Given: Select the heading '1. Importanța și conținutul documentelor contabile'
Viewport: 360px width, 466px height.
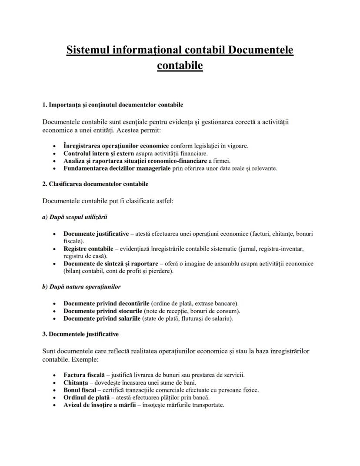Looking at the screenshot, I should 113,105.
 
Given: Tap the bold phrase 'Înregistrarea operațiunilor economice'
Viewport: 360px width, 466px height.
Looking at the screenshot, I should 116,146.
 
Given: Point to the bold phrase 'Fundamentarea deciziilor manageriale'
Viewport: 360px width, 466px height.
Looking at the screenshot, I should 117,168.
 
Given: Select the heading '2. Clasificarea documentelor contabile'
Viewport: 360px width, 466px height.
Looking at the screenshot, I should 95,184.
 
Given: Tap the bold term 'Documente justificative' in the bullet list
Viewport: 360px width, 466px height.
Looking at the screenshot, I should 96,234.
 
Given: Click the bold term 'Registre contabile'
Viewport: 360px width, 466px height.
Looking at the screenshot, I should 88,249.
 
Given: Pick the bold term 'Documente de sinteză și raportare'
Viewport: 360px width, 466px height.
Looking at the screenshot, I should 110,264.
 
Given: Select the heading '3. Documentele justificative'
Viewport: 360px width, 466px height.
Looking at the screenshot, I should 80,335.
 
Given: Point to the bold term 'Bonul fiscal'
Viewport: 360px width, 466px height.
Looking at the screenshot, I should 80,390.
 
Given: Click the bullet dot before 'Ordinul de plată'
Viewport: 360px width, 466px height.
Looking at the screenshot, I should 53,398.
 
